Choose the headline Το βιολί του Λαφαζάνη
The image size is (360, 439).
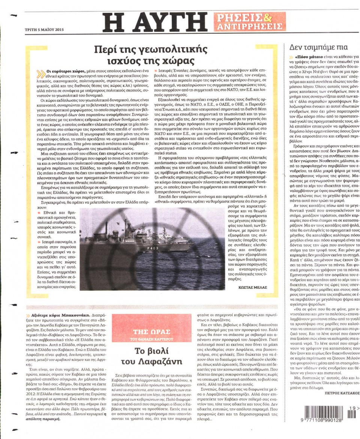coord(153,357)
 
